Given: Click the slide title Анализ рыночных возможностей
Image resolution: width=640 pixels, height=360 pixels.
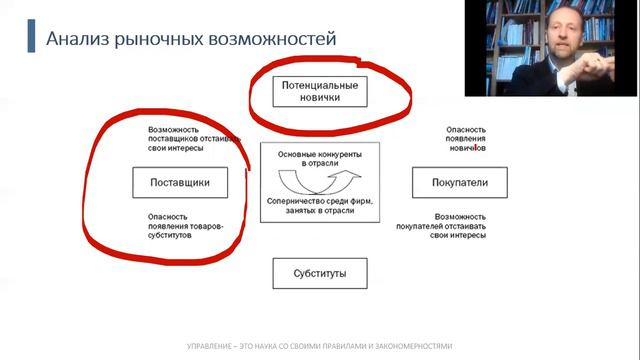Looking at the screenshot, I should click(x=190, y=39).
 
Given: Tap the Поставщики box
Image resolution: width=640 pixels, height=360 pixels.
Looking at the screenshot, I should click(x=178, y=183).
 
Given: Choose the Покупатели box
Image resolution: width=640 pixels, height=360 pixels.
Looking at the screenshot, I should click(x=459, y=183).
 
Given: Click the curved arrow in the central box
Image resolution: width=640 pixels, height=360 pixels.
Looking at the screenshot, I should click(x=317, y=183).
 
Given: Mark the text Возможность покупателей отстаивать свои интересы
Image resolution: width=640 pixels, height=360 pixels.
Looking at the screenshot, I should click(x=461, y=225).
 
